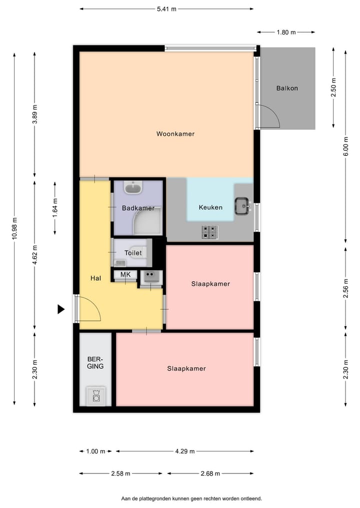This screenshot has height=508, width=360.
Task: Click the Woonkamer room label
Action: click(x=175, y=134)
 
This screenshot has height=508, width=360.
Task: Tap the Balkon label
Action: click(x=287, y=88)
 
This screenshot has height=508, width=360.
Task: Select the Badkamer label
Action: click(x=138, y=208)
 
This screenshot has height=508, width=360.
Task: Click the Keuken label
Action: click(x=210, y=207)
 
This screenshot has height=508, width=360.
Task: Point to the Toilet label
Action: click(x=133, y=253)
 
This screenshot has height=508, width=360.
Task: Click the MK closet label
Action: click(x=125, y=275)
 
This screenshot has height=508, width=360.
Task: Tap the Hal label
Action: click(x=96, y=278)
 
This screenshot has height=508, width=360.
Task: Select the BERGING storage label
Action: click(x=95, y=363)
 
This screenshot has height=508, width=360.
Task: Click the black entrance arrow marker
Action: click(x=61, y=309)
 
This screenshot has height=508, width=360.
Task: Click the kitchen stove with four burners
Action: click(x=210, y=232)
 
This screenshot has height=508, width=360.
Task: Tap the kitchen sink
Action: click(x=243, y=205)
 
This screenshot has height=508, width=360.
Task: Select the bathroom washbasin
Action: click(x=133, y=188)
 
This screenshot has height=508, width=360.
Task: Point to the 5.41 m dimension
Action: click(x=166, y=9)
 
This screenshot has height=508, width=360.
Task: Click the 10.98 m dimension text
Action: click(x=14, y=229)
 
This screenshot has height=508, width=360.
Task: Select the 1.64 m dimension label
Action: click(x=55, y=207)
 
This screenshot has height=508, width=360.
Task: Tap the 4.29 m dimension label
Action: click(x=184, y=451)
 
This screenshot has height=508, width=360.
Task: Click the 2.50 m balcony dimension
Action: click(x=334, y=87)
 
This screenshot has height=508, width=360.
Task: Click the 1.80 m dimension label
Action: click(x=286, y=32)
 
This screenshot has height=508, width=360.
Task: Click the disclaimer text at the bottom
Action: click(x=191, y=499)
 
